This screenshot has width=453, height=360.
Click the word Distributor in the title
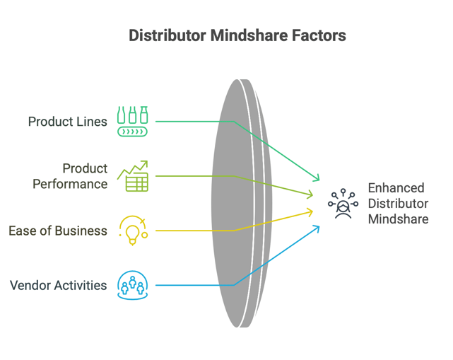click(167, 35)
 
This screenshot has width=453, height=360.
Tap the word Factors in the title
click(319, 35)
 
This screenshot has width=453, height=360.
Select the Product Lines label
click(68, 122)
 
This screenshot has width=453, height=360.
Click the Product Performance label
click(70, 176)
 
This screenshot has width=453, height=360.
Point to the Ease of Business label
click(58, 231)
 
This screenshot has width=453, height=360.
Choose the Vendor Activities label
click(59, 286)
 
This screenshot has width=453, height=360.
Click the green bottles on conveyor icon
click(133, 122)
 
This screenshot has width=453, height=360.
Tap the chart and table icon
click(133, 176)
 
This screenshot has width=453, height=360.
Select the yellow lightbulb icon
click(133, 231)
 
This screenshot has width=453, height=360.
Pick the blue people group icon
click(133, 286)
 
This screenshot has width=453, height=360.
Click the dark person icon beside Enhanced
click(343, 204)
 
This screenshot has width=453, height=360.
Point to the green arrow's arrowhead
click(317, 178)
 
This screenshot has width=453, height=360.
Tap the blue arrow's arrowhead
click(317, 229)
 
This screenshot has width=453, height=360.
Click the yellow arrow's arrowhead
click(310, 212)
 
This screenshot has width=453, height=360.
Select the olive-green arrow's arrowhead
click(310, 194)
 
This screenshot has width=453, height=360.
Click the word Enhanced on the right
click(396, 188)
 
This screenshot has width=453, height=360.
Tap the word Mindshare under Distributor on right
click(398, 219)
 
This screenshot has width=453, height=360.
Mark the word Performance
click(70, 184)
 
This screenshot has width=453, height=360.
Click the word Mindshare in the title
click(249, 35)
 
